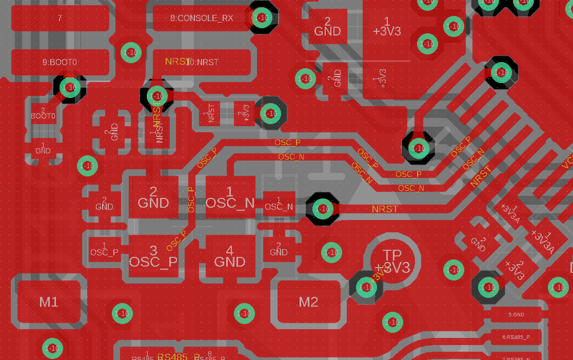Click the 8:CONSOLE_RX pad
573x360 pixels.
[x=202, y=18]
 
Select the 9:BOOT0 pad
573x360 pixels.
[x=60, y=61]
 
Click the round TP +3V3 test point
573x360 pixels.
[x=392, y=261]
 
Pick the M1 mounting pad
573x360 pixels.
[x=49, y=302]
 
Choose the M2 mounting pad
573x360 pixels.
[x=309, y=302]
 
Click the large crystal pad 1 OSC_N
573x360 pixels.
[x=230, y=197]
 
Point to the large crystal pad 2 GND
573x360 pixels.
[x=153, y=197]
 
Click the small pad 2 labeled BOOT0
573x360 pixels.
[x=43, y=113]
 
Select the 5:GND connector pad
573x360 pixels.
[x=516, y=315]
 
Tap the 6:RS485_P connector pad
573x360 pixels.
[x=516, y=337]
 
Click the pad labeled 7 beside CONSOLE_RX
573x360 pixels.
[x=60, y=18]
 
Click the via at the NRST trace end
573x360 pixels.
[x=322, y=209]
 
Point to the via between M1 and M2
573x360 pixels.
[x=244, y=313]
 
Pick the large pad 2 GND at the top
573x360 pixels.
[x=328, y=26]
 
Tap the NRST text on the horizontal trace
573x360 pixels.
[x=384, y=209]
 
